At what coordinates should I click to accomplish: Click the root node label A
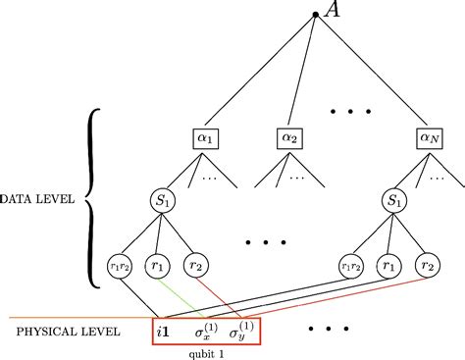point(331,12)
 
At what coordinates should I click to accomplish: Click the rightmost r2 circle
point(426,265)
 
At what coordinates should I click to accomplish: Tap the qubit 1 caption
point(207,352)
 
